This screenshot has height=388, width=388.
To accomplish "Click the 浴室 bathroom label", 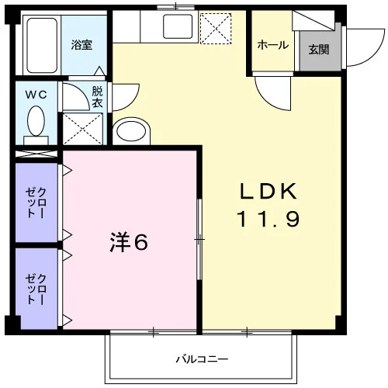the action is [81, 45].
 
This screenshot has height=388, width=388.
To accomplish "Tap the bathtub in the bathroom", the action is [42, 45].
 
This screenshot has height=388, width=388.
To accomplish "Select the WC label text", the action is [36, 95].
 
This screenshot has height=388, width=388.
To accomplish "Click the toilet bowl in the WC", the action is [36, 121].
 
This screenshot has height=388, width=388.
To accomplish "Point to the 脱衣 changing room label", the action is [97, 97].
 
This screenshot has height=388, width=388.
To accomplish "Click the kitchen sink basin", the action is [178, 26].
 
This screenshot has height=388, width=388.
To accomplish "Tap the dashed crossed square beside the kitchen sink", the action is [216, 29].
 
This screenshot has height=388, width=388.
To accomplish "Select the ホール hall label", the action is [272, 45].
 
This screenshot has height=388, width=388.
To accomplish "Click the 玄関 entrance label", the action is [319, 50].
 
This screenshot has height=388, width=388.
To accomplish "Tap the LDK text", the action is [268, 191].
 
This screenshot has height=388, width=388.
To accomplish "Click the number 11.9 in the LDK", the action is [268, 219].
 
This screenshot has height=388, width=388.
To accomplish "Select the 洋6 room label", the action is [129, 242].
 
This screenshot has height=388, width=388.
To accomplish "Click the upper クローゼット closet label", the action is [36, 203].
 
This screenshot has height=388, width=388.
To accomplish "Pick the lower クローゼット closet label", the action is [36, 289].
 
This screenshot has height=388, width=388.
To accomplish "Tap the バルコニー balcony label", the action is [202, 359].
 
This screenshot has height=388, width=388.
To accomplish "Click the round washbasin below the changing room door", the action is [131, 131].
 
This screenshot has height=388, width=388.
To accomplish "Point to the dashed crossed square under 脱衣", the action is [83, 129].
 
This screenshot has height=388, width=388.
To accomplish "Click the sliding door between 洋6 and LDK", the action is [199, 239].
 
